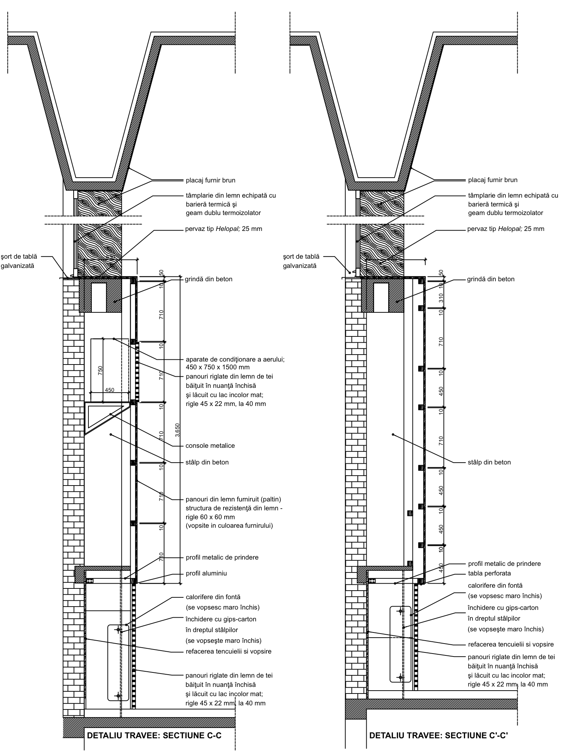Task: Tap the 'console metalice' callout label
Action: click(210, 446)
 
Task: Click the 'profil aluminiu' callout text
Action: click(206, 573)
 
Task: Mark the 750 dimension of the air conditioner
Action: click(100, 370)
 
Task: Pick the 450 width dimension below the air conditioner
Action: click(110, 390)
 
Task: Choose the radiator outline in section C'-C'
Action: click(400, 644)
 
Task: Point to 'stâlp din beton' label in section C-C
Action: click(207, 462)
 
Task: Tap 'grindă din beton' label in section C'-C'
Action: click(491, 279)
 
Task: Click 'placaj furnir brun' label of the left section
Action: click(210, 180)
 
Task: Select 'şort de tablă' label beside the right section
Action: click(300, 256)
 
